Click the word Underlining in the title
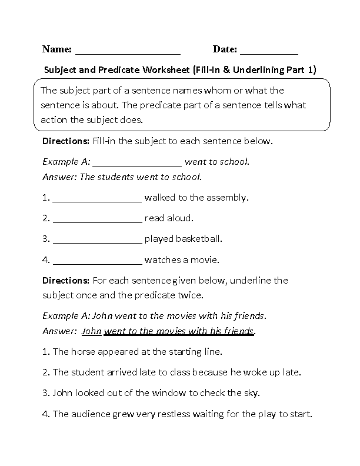coord(258,70)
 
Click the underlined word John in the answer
coord(92,331)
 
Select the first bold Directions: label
coord(65,141)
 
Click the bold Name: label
coord(56,49)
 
